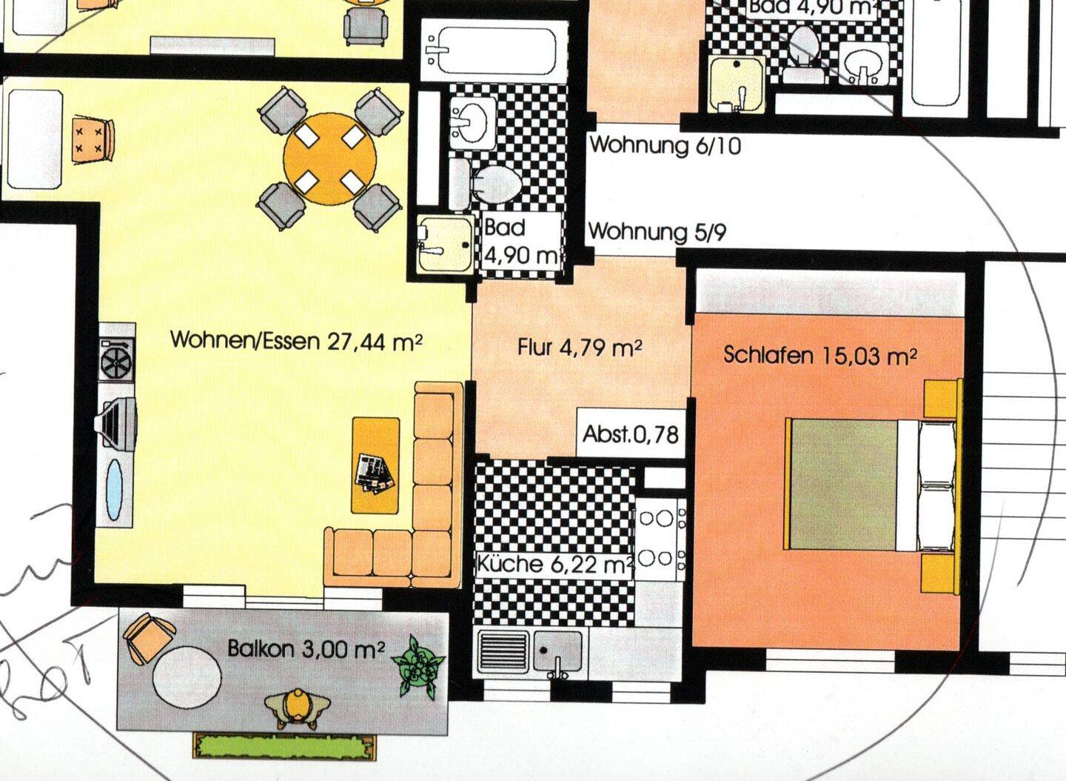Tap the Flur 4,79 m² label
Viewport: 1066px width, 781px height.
tap(579, 347)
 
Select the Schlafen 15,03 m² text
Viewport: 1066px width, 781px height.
tap(820, 356)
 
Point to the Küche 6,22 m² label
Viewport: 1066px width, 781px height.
tap(554, 565)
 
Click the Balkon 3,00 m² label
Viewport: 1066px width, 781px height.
tap(306, 650)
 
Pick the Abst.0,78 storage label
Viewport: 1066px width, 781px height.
tap(630, 433)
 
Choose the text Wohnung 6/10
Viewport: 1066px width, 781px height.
tap(665, 145)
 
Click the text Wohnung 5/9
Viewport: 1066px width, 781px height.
tap(657, 232)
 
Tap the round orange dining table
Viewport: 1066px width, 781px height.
tap(329, 159)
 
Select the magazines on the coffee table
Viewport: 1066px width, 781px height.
tap(375, 473)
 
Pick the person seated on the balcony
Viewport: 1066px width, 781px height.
tap(296, 708)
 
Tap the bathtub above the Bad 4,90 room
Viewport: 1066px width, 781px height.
tap(489, 50)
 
